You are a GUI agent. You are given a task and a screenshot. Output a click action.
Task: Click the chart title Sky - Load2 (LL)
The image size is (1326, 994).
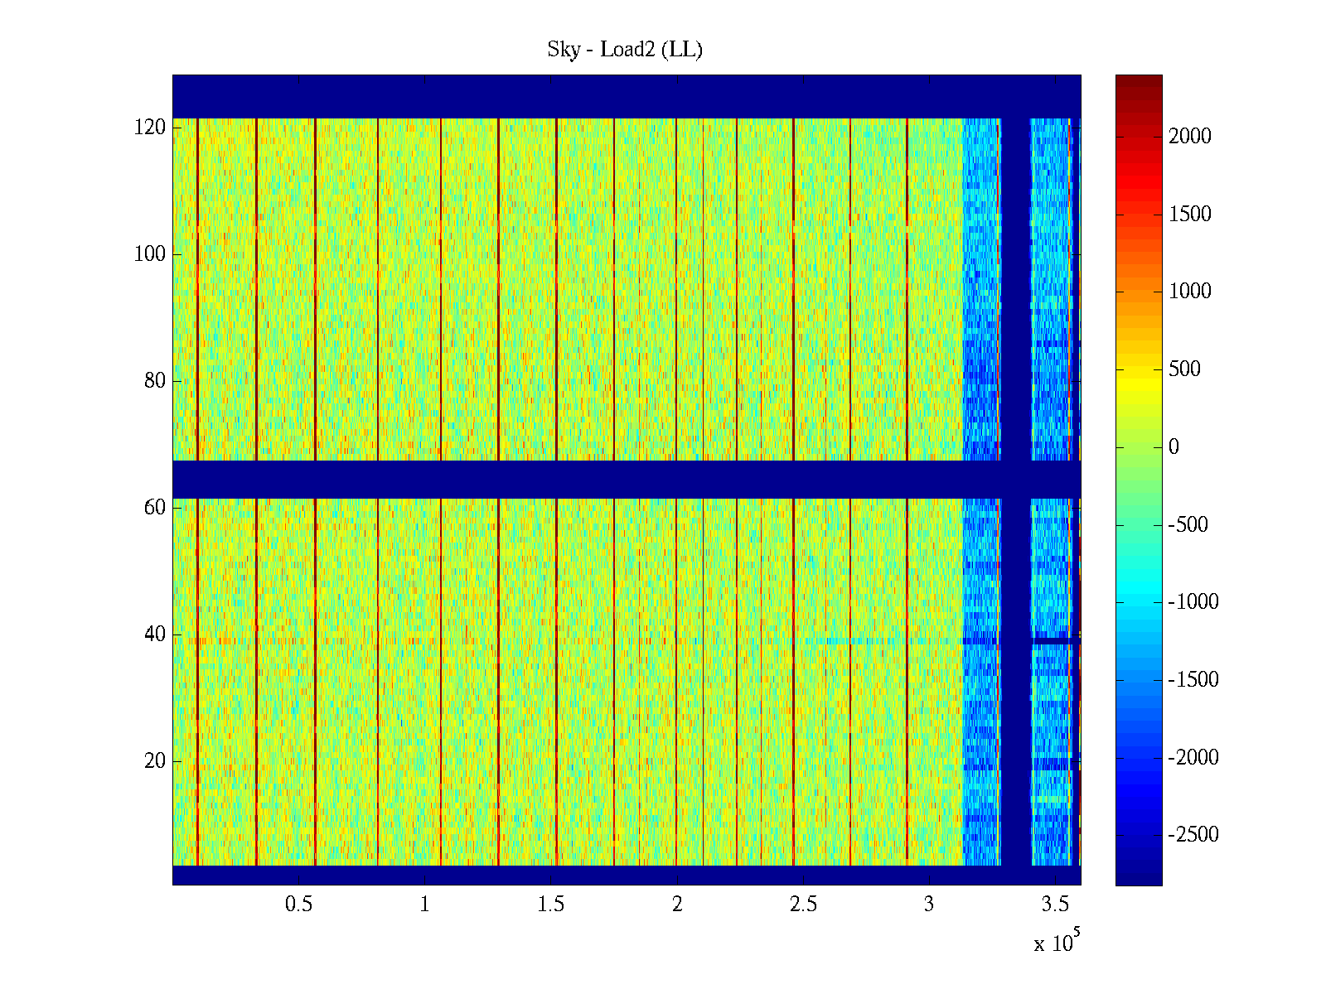[625, 50]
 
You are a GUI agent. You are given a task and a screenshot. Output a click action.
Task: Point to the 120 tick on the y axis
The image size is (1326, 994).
[150, 128]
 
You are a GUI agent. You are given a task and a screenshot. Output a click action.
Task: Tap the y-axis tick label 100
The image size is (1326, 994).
[150, 254]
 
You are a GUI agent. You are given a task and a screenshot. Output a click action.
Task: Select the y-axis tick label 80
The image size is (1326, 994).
[155, 381]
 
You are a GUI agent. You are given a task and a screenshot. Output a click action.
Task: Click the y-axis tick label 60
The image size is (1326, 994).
[155, 508]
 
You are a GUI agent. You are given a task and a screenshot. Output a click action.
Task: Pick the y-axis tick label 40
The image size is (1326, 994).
[155, 635]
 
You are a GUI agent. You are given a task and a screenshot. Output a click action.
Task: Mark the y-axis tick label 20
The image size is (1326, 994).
[155, 761]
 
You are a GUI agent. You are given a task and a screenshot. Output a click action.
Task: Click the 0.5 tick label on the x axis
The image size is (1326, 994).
[299, 905]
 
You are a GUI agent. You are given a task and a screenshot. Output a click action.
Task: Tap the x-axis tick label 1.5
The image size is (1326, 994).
[551, 905]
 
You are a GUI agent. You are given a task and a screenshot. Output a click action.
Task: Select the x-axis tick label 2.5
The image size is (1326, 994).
[803, 905]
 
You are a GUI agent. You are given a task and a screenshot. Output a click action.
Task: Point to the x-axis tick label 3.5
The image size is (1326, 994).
[1055, 905]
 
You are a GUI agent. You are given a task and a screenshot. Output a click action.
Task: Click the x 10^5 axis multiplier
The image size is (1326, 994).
[1056, 943]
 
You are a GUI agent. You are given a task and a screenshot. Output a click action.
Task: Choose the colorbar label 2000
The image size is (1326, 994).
[1190, 137]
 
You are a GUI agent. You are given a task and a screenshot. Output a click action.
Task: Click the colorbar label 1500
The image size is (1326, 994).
[1190, 215]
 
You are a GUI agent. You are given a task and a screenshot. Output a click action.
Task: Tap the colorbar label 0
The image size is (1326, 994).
[1174, 447]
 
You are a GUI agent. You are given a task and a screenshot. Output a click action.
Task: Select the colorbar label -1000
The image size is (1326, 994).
[1193, 602]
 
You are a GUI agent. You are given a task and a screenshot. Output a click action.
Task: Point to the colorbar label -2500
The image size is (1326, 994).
[1193, 835]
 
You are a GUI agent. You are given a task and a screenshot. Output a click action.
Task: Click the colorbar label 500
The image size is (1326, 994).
[1185, 369]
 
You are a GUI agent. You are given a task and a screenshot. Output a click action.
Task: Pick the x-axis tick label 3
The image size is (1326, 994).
[929, 905]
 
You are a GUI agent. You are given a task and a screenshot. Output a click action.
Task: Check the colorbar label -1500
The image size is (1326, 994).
[1193, 680]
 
